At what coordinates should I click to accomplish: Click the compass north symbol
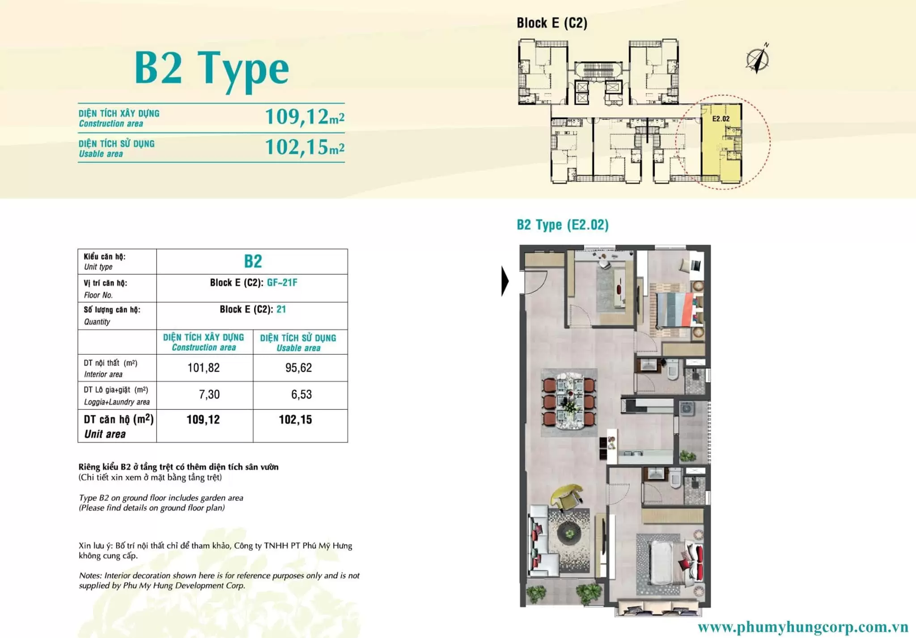(x=758, y=59)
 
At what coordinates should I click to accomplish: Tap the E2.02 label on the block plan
(x=721, y=119)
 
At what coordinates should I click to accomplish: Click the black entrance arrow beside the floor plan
(x=505, y=281)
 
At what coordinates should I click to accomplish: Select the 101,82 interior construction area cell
(x=204, y=368)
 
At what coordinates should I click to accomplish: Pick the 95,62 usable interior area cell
(x=298, y=368)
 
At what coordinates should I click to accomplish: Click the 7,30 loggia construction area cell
(x=209, y=395)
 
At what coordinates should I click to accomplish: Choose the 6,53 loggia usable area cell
(x=301, y=395)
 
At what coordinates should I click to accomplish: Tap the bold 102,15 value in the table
(x=295, y=420)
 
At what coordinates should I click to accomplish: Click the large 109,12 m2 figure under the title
(x=305, y=117)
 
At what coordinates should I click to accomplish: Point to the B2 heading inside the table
(x=253, y=261)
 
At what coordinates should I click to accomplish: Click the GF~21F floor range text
(x=282, y=283)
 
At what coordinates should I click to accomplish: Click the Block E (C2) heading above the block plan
(x=552, y=23)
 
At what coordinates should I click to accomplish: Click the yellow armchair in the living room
(x=567, y=496)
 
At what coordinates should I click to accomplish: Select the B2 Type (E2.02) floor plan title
(x=563, y=225)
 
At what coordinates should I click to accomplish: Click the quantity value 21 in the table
(x=281, y=309)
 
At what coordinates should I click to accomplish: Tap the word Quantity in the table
(x=97, y=322)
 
